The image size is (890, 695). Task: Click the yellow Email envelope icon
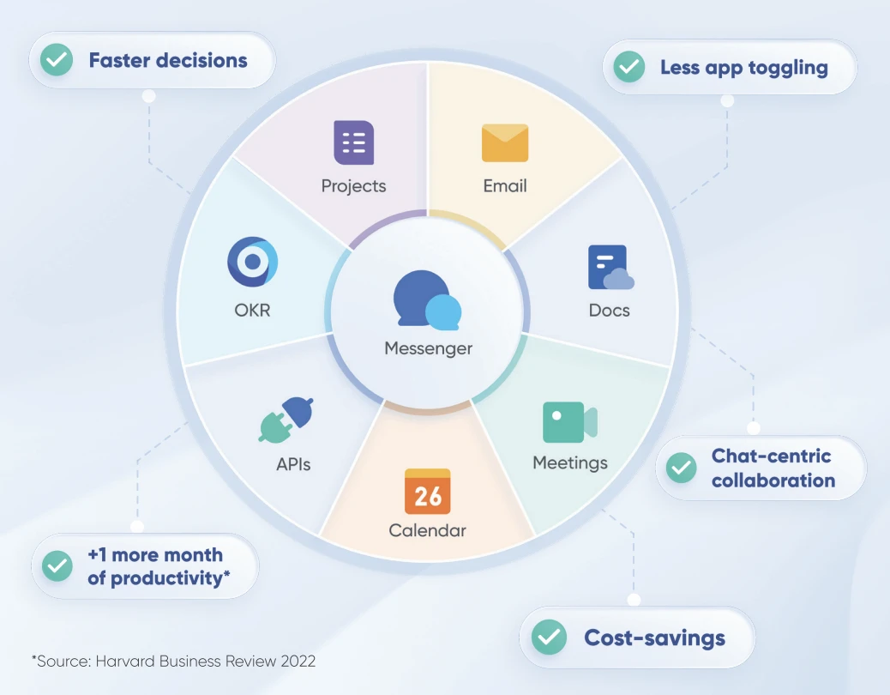(x=505, y=142)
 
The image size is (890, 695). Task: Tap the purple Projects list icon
(x=353, y=142)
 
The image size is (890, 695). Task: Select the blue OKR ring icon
(x=252, y=262)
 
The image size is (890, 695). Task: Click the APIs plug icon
(x=286, y=419)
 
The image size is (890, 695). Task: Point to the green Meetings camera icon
(x=569, y=422)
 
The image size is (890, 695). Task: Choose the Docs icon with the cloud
(x=610, y=268)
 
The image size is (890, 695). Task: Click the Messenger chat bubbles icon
(x=427, y=301)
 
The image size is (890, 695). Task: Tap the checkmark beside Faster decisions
(x=57, y=61)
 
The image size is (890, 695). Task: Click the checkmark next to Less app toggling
(x=628, y=67)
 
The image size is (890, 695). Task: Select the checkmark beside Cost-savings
(x=549, y=638)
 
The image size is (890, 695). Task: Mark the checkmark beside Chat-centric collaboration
(x=682, y=468)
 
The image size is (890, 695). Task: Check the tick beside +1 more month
(x=57, y=566)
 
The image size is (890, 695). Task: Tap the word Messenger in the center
(x=428, y=348)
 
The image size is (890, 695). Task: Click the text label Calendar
(x=428, y=530)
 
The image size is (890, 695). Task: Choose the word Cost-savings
(x=654, y=638)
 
